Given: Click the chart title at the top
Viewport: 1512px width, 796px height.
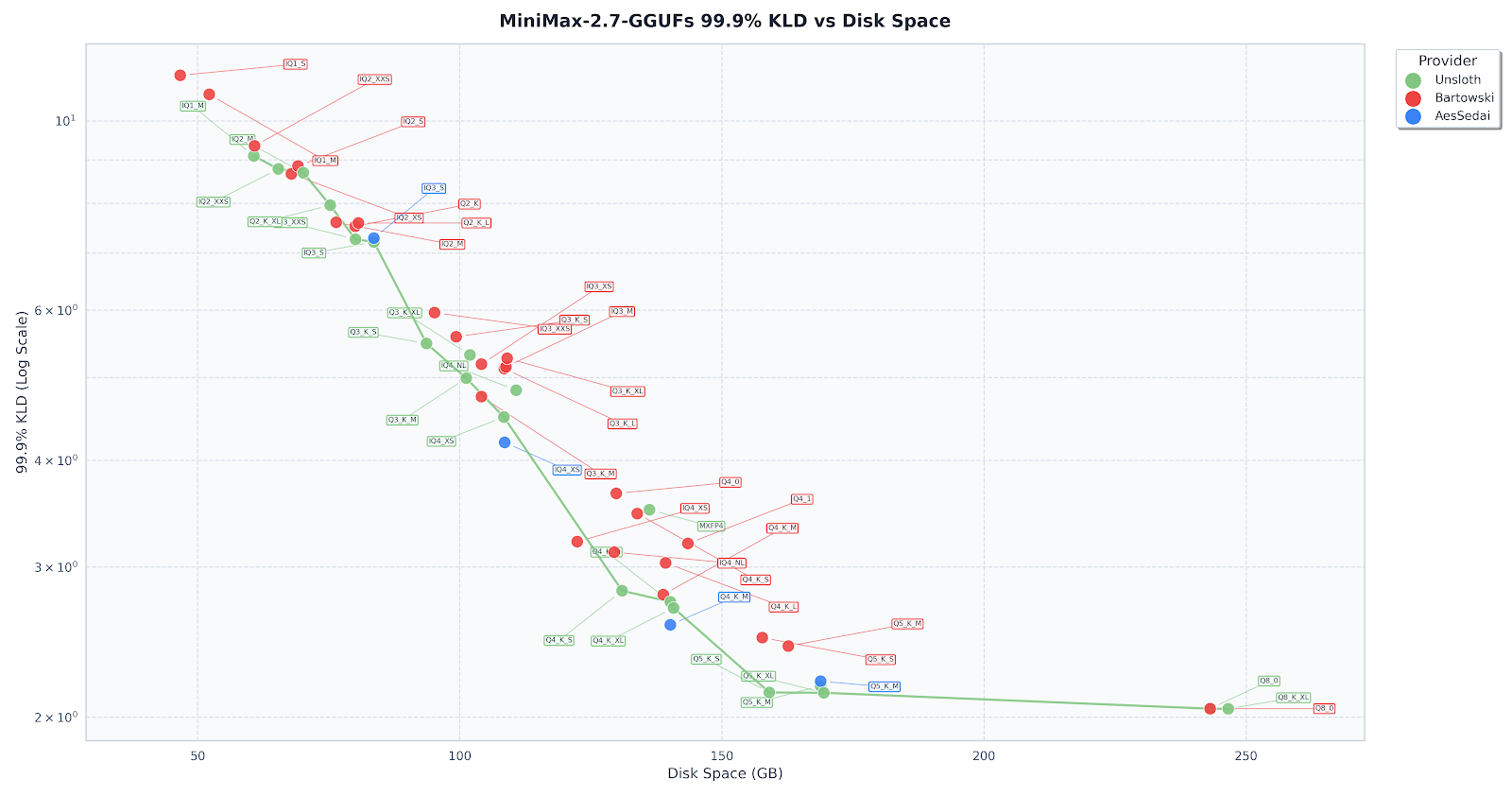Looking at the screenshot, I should click(725, 21).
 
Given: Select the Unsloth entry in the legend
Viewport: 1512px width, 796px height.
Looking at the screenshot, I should click(1457, 80).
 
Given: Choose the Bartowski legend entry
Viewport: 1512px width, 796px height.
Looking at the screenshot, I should click(1464, 98).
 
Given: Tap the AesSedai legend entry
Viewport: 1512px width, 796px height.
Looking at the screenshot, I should click(1462, 116).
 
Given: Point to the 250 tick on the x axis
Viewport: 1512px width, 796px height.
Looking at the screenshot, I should click(1246, 756).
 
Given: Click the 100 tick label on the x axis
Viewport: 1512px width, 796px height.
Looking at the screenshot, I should click(459, 756).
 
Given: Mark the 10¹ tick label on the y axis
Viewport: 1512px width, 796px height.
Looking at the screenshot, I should click(64, 121).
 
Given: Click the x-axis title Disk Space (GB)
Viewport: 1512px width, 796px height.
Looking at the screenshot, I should click(725, 774).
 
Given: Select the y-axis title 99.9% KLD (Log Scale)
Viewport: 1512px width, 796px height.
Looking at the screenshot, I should click(23, 392).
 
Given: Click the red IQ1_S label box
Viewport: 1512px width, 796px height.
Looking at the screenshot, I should click(296, 64).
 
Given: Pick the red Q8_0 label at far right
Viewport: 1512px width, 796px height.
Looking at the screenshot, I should click(1324, 708).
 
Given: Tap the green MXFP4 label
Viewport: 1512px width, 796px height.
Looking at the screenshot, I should click(711, 526).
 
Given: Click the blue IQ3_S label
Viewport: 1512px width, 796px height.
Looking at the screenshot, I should click(434, 188).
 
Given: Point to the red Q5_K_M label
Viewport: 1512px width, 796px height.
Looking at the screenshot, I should click(907, 624).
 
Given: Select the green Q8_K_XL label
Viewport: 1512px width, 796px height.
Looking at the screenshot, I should click(1293, 698).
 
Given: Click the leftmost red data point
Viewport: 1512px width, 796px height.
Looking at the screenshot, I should click(180, 76).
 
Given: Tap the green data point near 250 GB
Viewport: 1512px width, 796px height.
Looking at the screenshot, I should click(1228, 709).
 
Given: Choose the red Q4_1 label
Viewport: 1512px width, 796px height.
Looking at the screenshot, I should click(801, 499).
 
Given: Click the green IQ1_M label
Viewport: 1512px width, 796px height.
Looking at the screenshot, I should click(193, 106).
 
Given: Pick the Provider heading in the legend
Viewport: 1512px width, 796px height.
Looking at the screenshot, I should click(1447, 61).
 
